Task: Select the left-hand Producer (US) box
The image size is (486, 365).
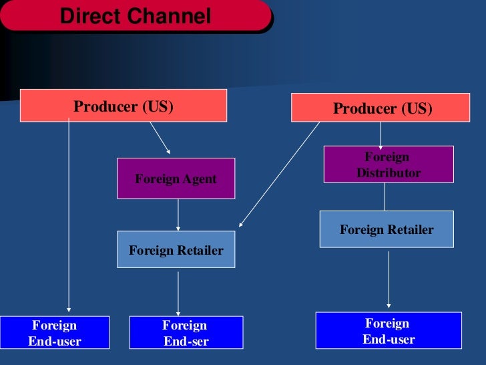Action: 123,106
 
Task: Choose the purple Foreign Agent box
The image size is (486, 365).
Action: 176,178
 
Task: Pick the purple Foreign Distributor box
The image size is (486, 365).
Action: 388,164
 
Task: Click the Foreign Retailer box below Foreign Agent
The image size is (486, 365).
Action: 176,250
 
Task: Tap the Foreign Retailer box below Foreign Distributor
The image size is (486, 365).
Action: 386,229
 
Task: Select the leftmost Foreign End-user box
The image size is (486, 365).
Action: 54,333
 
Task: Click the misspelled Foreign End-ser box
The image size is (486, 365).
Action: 185,333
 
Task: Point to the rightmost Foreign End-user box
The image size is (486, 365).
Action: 388,331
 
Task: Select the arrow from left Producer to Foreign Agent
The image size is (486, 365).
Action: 160,138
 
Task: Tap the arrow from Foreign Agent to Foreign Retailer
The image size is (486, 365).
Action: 178,215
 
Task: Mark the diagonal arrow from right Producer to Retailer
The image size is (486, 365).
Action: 280,174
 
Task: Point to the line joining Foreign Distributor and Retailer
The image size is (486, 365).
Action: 385,197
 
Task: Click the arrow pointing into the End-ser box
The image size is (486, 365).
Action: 178,292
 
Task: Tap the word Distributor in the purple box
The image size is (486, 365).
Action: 388,172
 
